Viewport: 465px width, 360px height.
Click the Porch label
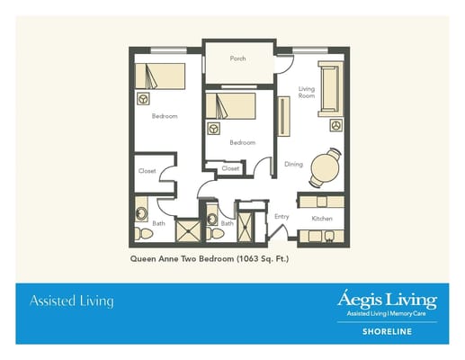(237, 58)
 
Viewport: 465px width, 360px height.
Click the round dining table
(325, 166)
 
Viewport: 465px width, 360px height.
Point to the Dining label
(293, 164)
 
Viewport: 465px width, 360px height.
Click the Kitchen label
(322, 219)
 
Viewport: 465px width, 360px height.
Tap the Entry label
(282, 216)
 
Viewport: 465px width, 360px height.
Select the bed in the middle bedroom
(230, 105)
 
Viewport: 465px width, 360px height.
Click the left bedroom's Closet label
(148, 171)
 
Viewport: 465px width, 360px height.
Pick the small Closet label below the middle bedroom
(230, 168)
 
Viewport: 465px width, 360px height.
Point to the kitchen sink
(329, 236)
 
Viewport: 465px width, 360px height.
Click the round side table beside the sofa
(336, 124)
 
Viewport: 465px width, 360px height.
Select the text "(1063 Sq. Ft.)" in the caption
(263, 259)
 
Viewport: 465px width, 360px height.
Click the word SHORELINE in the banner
(390, 329)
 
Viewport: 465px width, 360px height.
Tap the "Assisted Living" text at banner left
(72, 301)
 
